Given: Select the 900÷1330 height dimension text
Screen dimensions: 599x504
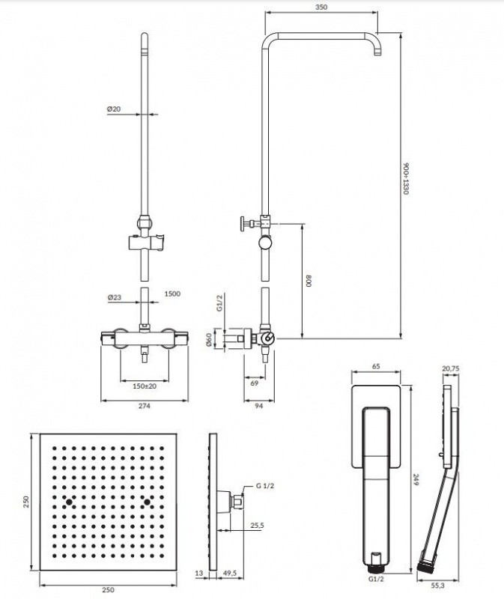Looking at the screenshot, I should tap(405, 179).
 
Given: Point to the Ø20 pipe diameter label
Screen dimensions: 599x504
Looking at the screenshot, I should tap(115, 109).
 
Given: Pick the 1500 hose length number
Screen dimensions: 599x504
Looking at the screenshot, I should tap(171, 295).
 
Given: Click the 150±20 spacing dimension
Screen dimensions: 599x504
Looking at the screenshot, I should tap(145, 386).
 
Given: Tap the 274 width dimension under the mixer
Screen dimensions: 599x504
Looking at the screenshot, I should tap(145, 406).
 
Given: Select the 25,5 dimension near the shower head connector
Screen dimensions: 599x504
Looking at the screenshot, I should tap(257, 526).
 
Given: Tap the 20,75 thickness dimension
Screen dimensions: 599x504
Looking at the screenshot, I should tap(450, 368).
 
